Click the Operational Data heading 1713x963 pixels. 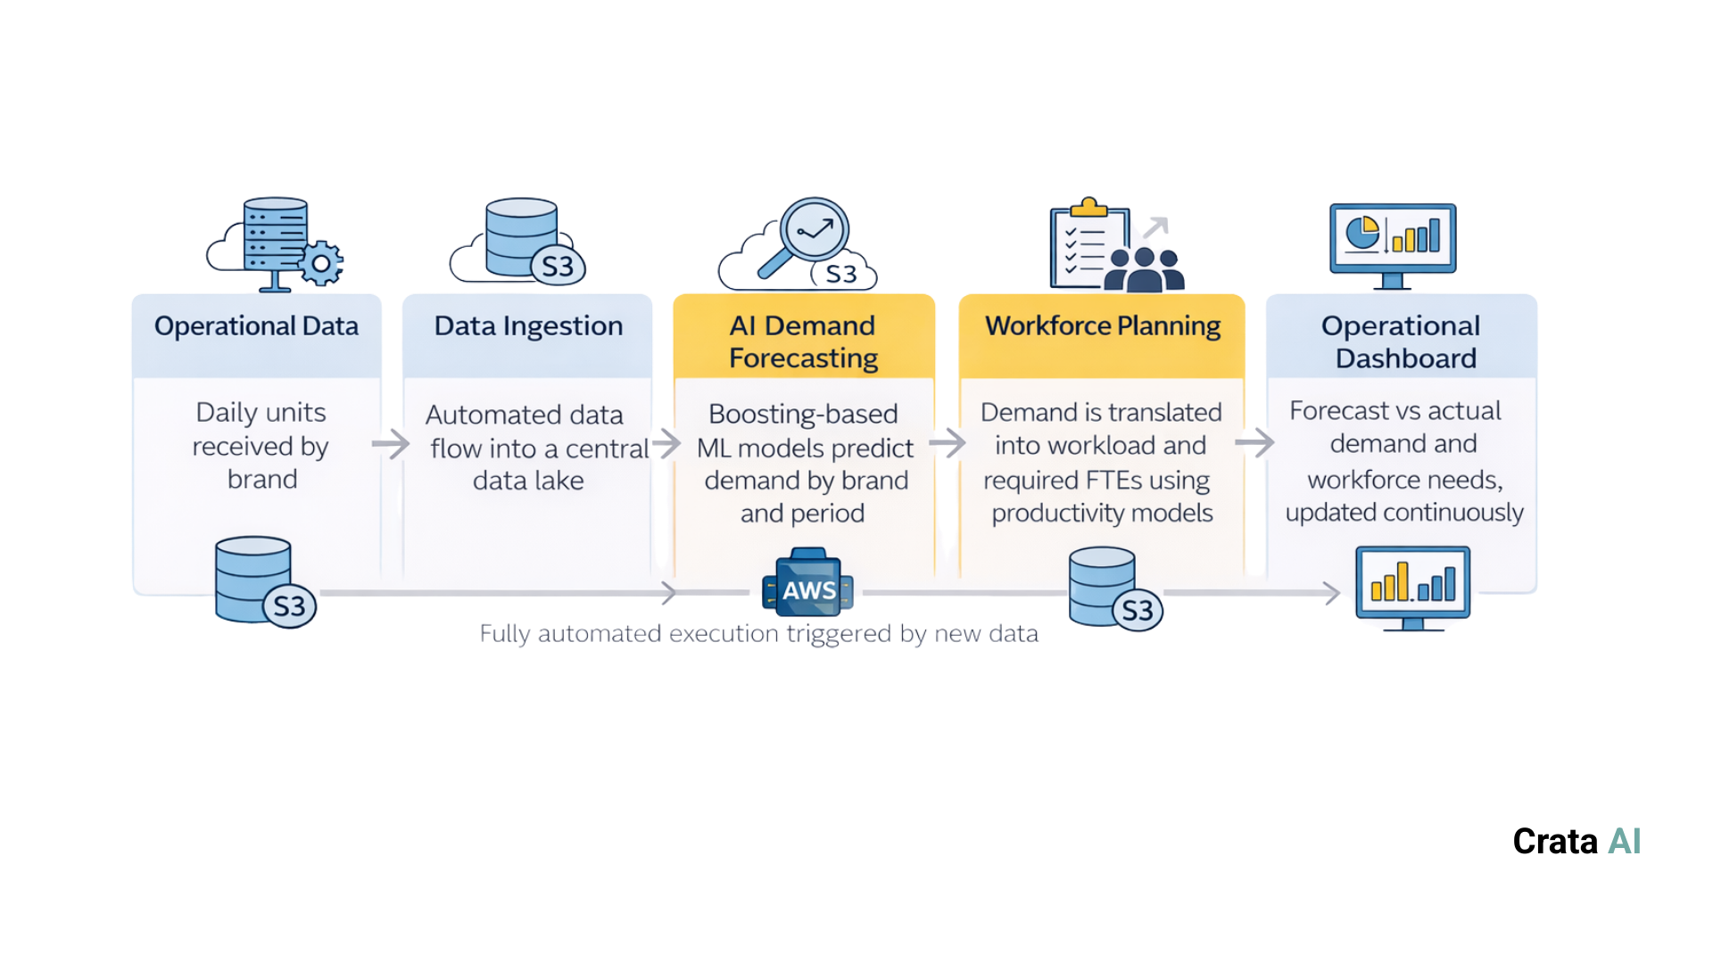pos(256,326)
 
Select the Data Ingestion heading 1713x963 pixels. pos(528,326)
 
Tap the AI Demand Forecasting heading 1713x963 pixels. pos(803,342)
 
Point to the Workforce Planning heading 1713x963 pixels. pos(1103,326)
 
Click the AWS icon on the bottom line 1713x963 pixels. pos(808,584)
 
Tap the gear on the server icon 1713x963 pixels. pos(321,263)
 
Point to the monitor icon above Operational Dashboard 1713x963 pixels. pos(1393,246)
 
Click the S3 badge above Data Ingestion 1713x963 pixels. pos(558,266)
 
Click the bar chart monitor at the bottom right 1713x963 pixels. pos(1412,588)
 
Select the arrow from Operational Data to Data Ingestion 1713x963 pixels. pos(391,443)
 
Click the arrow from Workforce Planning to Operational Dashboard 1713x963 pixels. pos(1254,441)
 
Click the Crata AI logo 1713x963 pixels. pos(1576,842)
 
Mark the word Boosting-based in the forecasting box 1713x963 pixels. pos(803,415)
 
